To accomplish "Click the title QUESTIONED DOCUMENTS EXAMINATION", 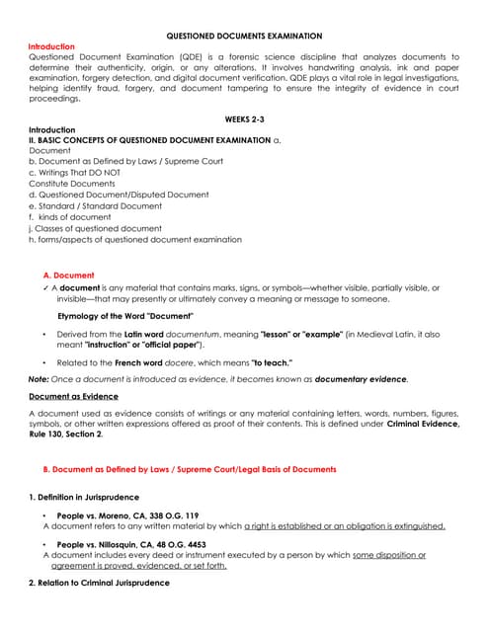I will pyautogui.click(x=244, y=35).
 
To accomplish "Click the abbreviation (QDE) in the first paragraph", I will pyautogui.click(x=185, y=57).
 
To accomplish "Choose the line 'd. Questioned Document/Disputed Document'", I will pyautogui.click(x=105, y=195).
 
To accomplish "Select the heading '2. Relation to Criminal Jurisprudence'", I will pyautogui.click(x=99, y=583).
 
